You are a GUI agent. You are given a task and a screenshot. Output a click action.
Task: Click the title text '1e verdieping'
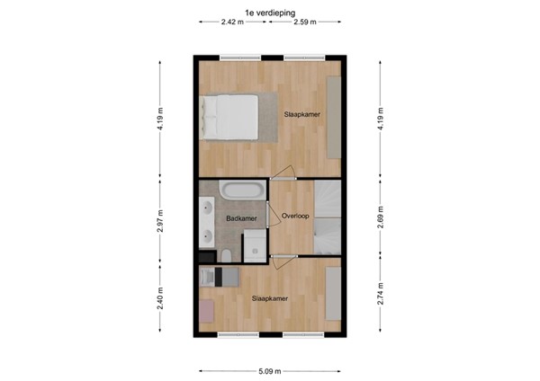269,11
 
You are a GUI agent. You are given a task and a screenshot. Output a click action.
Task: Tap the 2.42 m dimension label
232,22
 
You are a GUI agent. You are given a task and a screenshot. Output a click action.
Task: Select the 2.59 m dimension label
305,22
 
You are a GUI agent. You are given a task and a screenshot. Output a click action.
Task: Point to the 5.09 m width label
269,371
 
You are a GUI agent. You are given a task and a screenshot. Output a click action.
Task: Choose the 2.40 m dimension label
160,297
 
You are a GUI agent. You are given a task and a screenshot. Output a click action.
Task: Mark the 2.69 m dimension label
381,221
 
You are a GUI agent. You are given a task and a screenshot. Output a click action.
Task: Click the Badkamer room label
241,218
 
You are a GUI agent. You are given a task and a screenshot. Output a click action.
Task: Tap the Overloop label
295,216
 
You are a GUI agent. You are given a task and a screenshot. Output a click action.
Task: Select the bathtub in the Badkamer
241,191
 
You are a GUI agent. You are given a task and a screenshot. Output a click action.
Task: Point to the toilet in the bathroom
228,259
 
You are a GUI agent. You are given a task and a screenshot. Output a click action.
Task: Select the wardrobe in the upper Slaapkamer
333,117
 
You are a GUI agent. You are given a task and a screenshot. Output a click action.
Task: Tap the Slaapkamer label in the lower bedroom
269,298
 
